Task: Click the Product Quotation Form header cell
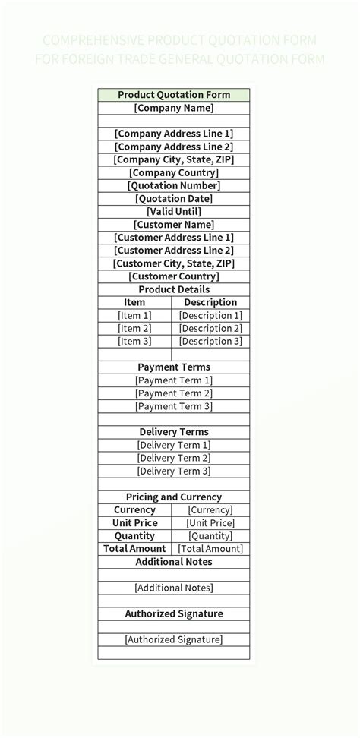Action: click(x=173, y=95)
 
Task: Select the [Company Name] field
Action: click(x=173, y=108)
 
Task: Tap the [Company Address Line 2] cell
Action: click(x=173, y=147)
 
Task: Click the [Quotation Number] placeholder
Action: click(x=173, y=185)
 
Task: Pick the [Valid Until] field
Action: click(x=173, y=211)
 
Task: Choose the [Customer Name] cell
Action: click(x=173, y=225)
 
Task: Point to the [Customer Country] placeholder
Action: click(x=173, y=276)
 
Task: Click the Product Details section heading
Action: click(x=173, y=289)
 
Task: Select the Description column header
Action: click(x=210, y=302)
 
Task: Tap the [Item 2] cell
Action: click(x=134, y=328)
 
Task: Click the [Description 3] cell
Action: click(x=210, y=341)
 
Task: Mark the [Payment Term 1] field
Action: click(x=173, y=380)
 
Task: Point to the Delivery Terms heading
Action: click(x=173, y=432)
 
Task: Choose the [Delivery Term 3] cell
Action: click(x=173, y=471)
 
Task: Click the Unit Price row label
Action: click(x=134, y=522)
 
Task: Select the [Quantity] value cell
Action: click(x=210, y=535)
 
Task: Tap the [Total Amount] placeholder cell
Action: click(x=210, y=548)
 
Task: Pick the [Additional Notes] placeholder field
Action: click(x=173, y=588)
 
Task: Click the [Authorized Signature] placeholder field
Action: click(x=173, y=639)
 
